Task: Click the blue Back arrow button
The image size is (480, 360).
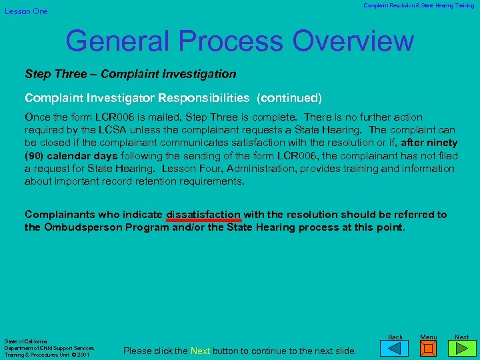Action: [395, 348]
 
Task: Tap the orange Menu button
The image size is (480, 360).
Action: [429, 348]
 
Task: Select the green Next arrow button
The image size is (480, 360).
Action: [462, 348]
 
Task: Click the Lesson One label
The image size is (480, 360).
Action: [27, 11]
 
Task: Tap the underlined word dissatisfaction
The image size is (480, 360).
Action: [203, 215]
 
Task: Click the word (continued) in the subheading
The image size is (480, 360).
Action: [291, 98]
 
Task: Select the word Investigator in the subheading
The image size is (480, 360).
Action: [119, 98]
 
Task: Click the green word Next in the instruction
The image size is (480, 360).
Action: [200, 351]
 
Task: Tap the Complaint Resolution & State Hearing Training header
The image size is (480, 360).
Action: [419, 5]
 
